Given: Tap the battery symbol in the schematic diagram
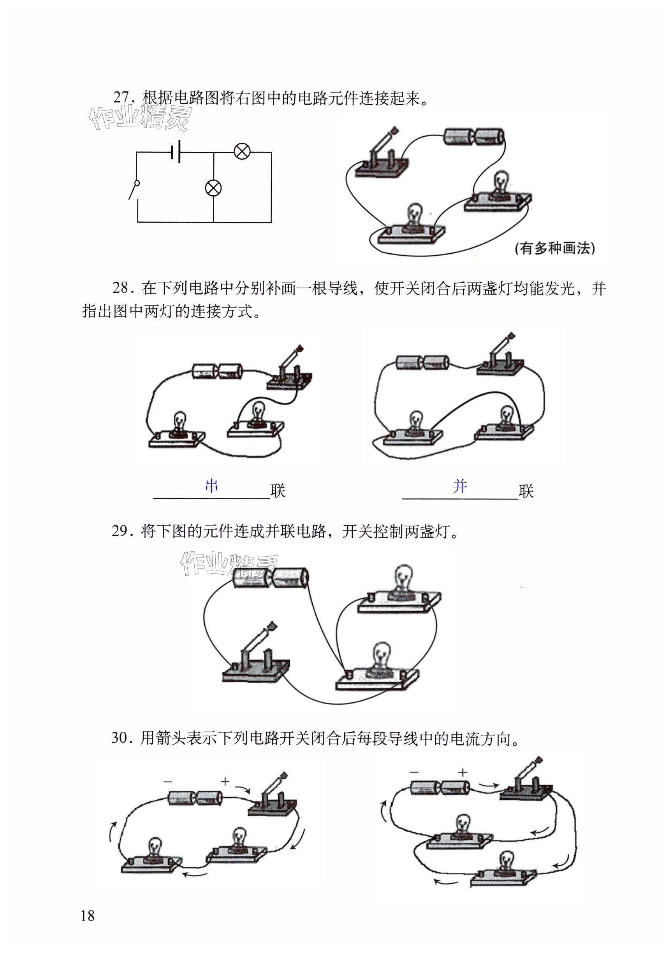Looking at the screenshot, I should [175, 153].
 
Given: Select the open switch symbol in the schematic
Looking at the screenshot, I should [134, 190].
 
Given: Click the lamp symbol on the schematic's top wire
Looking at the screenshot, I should [242, 152].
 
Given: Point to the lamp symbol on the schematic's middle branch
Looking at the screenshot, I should [213, 188].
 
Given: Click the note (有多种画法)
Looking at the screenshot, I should [554, 248].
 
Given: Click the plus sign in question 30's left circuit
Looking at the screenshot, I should [225, 781].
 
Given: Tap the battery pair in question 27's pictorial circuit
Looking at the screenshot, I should [474, 137].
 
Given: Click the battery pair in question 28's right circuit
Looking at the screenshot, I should [422, 362].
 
